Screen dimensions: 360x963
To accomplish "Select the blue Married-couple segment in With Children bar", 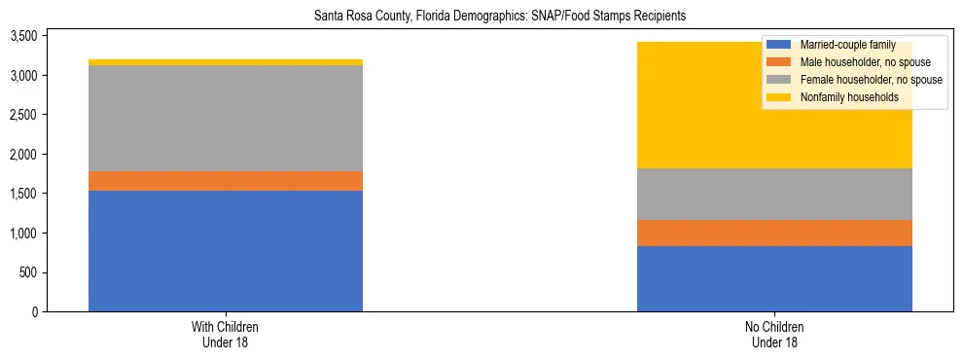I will (x=226, y=251).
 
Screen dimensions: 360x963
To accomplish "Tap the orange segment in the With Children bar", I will (x=226, y=181).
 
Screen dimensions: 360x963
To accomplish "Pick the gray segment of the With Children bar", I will (x=226, y=119).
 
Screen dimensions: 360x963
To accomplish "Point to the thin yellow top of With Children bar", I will (x=226, y=62).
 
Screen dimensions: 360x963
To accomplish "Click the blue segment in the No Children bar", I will (x=774, y=278).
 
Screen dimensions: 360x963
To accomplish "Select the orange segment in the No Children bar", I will (x=774, y=233).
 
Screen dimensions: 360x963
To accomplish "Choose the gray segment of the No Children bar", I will (x=774, y=194).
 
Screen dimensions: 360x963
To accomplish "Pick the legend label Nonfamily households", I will (x=842, y=97).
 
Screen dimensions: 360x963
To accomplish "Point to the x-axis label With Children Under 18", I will (x=226, y=334).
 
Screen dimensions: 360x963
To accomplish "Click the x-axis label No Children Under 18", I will (x=774, y=334).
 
